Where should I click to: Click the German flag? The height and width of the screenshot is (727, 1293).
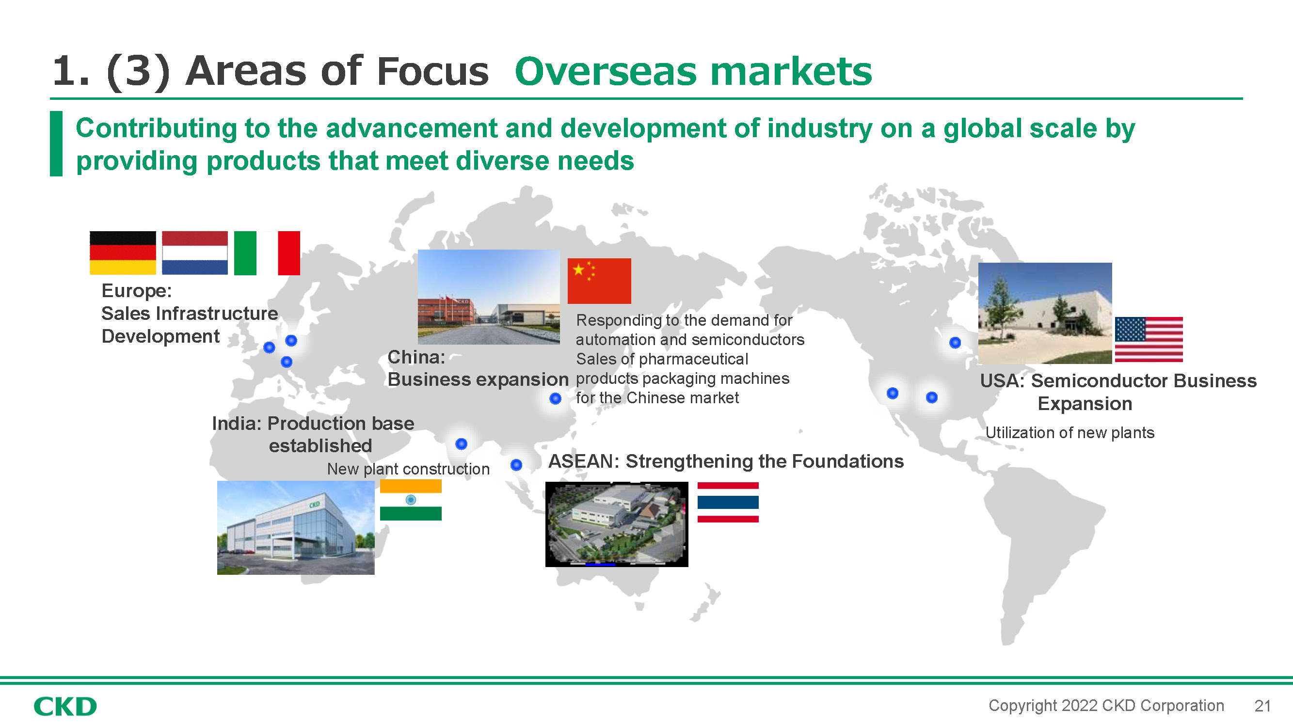[123, 253]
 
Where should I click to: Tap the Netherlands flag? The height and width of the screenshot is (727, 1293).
[195, 253]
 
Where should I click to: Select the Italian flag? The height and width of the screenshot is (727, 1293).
[267, 253]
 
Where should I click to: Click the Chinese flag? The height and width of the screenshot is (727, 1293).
[599, 281]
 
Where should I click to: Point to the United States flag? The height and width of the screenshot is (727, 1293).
[1149, 340]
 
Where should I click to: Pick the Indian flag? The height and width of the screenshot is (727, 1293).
[411, 500]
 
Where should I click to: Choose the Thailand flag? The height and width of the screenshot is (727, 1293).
[728, 502]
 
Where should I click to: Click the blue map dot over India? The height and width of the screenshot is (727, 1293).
[461, 443]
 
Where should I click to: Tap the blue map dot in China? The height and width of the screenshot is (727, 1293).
[555, 398]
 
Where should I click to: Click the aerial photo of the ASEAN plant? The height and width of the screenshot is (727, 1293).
[617, 524]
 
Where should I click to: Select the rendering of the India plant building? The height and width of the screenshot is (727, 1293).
[296, 527]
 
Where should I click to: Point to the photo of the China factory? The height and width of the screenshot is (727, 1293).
[489, 297]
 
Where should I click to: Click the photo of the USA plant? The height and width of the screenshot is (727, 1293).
[1045, 313]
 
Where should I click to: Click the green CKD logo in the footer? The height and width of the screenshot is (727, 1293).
[65, 707]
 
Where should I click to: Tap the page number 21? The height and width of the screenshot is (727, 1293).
[1262, 706]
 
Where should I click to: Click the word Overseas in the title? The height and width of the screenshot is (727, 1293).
[606, 71]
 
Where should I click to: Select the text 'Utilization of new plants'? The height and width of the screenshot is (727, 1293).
[1070, 432]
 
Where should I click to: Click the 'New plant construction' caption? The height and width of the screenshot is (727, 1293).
[408, 469]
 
